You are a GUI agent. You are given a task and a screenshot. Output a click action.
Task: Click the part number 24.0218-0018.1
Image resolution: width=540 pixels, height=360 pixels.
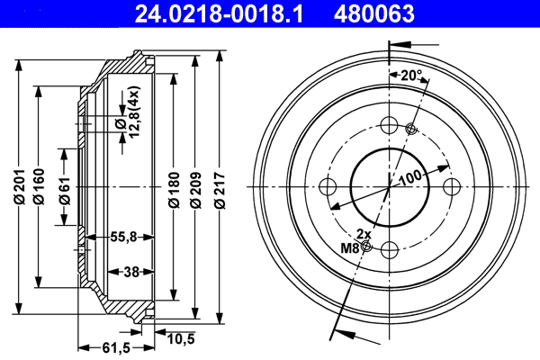(x=225, y=14)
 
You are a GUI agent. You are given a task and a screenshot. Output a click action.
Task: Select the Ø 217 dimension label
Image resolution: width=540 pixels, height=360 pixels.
(x=220, y=189)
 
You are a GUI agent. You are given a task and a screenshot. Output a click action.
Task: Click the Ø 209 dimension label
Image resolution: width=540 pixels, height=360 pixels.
(x=196, y=189)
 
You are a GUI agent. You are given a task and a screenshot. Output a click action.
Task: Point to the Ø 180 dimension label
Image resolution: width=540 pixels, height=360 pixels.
(x=172, y=190)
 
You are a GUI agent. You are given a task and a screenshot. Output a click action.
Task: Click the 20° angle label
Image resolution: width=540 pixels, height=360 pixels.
(x=410, y=76)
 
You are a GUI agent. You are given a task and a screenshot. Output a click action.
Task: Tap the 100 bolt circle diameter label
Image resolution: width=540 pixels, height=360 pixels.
(x=409, y=177)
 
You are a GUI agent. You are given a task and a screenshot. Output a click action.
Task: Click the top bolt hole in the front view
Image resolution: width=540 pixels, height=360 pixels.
(x=389, y=125)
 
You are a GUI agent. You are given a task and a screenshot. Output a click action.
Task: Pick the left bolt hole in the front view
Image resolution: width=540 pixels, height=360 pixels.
(x=328, y=186)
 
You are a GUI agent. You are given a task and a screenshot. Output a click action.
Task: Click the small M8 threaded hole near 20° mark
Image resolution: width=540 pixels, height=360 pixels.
(x=411, y=129)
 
